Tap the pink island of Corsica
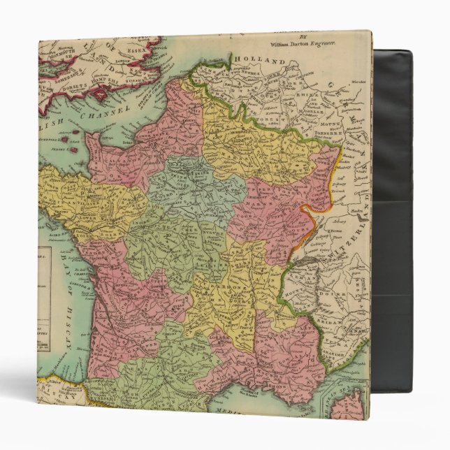point(353,405)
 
